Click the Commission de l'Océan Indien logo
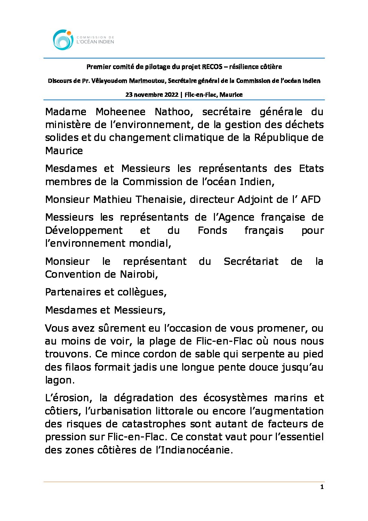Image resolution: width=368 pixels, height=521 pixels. pos(83,40)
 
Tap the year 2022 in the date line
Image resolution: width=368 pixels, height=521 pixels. pos(170,95)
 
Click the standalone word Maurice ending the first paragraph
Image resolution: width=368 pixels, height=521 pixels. pos(64,151)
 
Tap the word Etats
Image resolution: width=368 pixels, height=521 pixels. pos(311,169)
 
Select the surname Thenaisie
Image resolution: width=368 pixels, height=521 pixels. pos(160,199)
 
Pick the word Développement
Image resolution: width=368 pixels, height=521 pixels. pos(84,230)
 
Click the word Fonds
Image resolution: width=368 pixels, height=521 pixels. pos(212,230)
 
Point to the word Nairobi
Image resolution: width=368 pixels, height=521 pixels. pos(139,274)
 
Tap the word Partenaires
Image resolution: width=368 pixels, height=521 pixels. pos(73,292)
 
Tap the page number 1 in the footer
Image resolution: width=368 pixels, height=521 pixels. pos(322,487)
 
